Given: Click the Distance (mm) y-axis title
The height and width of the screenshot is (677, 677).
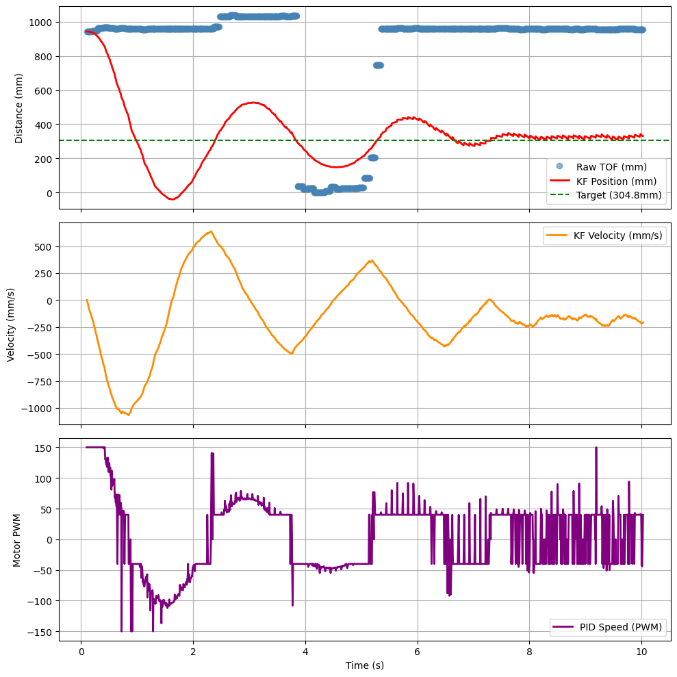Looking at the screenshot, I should point(19,107).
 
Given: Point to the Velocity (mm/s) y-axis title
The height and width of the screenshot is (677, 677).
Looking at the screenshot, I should point(11,323).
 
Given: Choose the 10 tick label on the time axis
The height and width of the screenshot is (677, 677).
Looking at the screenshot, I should point(641,651).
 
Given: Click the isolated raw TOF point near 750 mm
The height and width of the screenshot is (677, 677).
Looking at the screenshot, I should point(378,65).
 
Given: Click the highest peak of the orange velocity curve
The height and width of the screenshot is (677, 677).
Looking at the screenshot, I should point(211,231).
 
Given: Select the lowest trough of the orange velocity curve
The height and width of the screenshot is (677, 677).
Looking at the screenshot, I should point(128,415).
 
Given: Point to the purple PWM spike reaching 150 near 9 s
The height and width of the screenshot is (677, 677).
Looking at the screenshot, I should point(596,448).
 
